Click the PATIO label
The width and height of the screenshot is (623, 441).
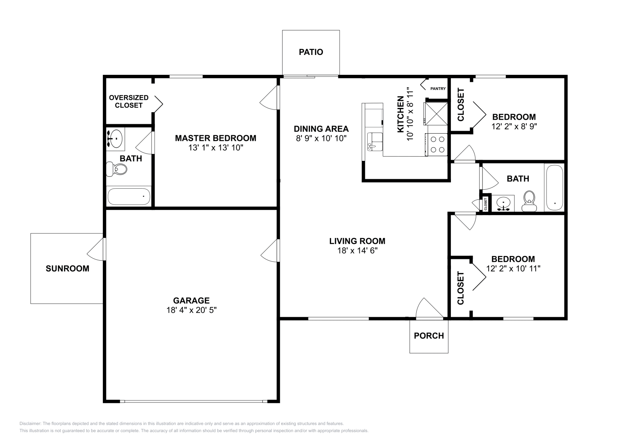(311, 52)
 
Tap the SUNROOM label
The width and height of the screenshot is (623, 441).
(67, 268)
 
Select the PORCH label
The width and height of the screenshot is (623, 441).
(429, 336)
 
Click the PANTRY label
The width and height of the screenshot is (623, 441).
(438, 88)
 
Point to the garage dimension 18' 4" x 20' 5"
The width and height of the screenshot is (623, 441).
(191, 310)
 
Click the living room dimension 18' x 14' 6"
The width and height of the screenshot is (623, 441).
(357, 250)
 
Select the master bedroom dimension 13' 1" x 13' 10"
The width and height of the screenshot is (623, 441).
(216, 148)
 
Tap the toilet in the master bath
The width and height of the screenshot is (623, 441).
(116, 169)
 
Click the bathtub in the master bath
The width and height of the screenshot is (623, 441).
(129, 196)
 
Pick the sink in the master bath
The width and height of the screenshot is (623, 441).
(115, 139)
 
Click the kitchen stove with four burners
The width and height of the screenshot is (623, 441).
(436, 145)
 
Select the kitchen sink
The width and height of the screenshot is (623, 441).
(375, 142)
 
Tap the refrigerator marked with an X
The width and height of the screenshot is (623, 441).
(436, 113)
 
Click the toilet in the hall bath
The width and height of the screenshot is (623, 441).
(529, 201)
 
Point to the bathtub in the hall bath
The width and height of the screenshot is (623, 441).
(554, 188)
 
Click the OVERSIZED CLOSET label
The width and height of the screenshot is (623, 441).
(129, 102)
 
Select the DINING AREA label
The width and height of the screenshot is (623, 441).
(321, 129)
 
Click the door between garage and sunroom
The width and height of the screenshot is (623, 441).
(96, 250)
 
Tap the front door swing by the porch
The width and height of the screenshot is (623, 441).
(429, 308)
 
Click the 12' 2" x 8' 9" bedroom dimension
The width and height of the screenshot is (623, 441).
(514, 127)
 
